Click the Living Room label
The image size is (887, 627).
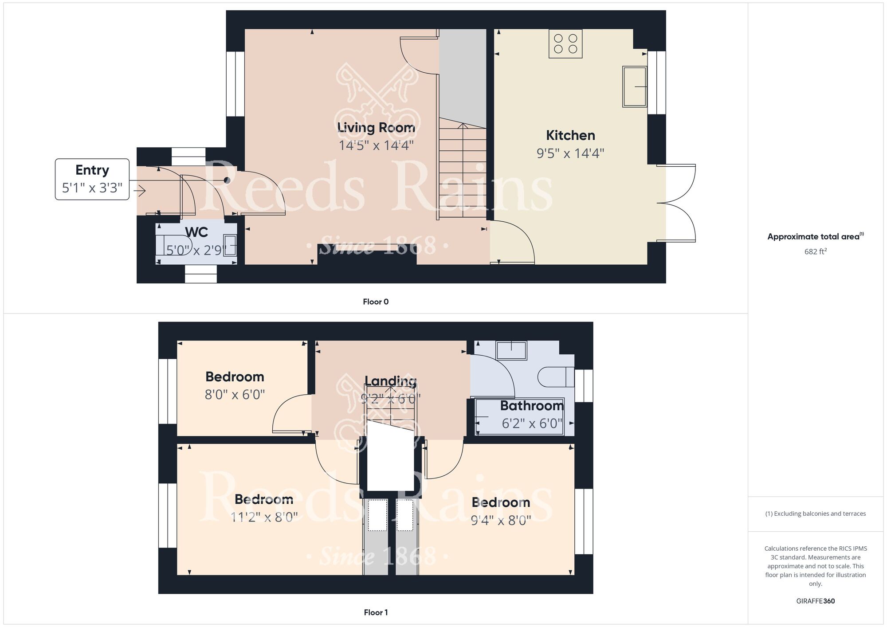(x=376, y=128)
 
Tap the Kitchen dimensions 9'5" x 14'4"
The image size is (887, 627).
(x=570, y=153)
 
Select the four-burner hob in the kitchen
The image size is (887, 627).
(x=565, y=43)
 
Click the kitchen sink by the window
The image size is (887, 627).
(x=635, y=86)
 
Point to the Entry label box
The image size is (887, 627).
(x=92, y=179)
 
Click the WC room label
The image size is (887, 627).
(x=196, y=232)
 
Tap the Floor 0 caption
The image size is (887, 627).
(x=376, y=302)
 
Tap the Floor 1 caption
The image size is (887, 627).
(x=376, y=612)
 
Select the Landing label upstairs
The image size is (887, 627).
(x=390, y=381)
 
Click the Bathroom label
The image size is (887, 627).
(x=532, y=406)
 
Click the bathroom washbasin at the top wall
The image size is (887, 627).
(x=511, y=350)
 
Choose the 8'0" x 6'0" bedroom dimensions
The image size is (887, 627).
(x=235, y=395)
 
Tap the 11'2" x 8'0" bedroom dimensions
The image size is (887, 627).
(x=264, y=517)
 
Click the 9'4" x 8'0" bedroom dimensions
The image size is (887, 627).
(x=501, y=520)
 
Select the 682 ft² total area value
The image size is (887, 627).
(x=815, y=251)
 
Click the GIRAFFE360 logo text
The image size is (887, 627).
(x=815, y=601)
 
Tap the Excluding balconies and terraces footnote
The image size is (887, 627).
(x=815, y=513)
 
